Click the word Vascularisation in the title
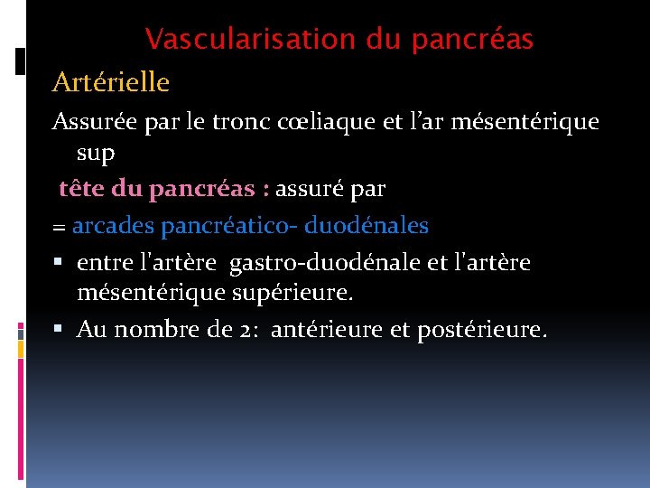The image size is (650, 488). pos(251,40)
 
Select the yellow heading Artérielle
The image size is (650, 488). pos(111,82)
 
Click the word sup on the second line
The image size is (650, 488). pos(96,154)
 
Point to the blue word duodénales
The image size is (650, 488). pos(374,225)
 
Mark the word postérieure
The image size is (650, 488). pos(481,330)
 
